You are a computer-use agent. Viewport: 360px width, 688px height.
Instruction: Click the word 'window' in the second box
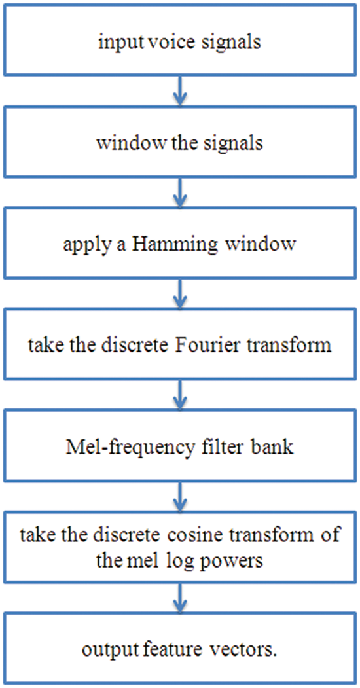(x=122, y=143)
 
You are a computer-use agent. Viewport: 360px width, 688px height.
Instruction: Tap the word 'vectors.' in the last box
(x=245, y=650)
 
